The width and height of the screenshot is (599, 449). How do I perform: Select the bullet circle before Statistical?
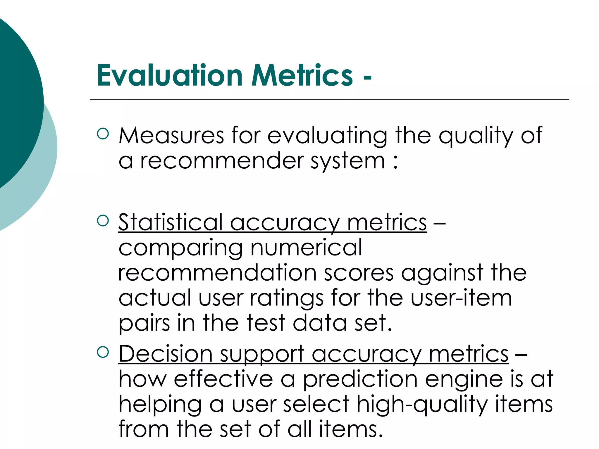point(103,220)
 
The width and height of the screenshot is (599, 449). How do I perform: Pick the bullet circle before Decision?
point(103,352)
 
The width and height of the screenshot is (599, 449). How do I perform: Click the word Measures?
point(171,136)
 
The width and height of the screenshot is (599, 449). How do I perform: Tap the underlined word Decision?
point(165,354)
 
